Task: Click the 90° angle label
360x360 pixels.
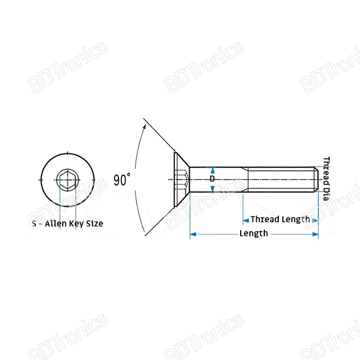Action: click(x=122, y=179)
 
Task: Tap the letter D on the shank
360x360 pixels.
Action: click(x=212, y=179)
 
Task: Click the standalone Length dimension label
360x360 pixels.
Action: click(x=254, y=233)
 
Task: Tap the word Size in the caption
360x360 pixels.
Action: click(x=94, y=224)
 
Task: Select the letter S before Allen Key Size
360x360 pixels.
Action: click(x=34, y=224)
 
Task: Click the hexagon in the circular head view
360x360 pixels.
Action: click(x=68, y=179)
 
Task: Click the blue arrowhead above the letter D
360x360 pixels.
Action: click(x=212, y=169)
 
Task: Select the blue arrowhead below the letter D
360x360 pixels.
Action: click(x=212, y=189)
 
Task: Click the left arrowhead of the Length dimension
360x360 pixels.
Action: click(x=193, y=234)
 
